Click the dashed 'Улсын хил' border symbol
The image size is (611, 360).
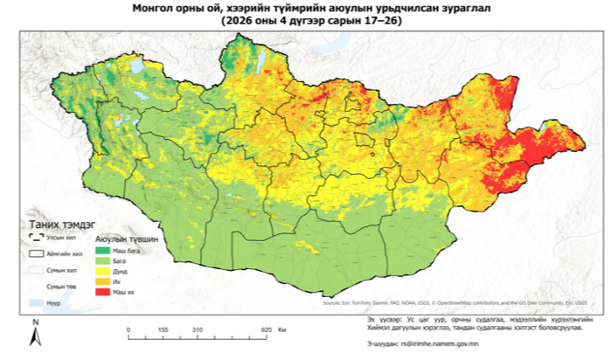[x=36, y=236]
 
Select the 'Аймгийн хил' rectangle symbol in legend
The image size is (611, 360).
[x=36, y=253]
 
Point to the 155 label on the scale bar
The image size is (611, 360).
[x=163, y=329]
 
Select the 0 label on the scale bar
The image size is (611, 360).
[x=128, y=329]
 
